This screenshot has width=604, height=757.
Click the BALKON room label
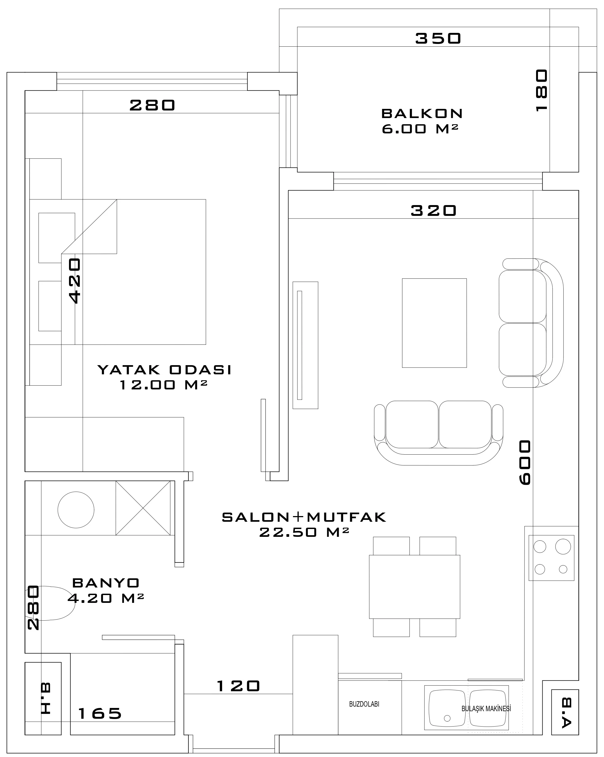[422, 113]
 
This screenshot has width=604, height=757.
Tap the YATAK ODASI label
[164, 370]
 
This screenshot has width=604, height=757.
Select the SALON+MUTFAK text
[304, 517]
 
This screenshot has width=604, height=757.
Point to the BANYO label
[106, 583]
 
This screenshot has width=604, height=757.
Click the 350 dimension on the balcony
[438, 38]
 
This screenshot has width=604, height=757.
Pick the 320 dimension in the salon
[434, 211]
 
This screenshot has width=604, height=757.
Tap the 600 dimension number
[525, 462]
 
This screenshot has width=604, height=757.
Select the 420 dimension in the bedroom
[75, 281]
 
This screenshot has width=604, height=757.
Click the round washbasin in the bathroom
[76, 510]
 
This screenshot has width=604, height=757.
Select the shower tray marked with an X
[143, 508]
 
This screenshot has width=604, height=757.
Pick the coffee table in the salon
[434, 323]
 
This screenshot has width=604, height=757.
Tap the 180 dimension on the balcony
[541, 91]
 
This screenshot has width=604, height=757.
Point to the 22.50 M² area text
[304, 532]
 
